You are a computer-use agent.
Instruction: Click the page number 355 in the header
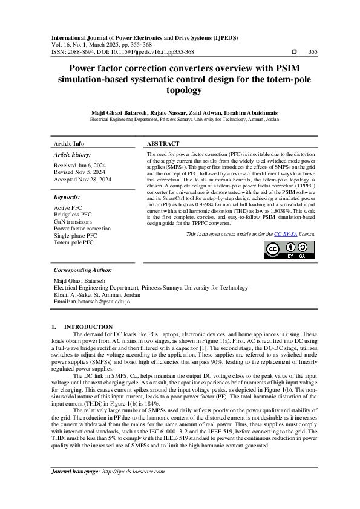[x=313, y=52]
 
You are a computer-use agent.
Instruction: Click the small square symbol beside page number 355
[x=294, y=52]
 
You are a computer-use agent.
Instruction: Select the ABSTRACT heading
[x=163, y=144]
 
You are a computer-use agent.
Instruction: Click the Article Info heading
[x=69, y=144]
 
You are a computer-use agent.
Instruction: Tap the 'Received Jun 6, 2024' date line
[x=80, y=165]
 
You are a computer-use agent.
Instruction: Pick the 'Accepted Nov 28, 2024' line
[x=82, y=180]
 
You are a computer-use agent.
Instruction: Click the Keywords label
[x=67, y=197]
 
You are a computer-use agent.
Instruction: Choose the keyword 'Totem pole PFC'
[x=74, y=242]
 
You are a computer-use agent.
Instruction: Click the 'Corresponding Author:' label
[x=83, y=270]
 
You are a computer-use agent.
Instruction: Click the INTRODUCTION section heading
[x=88, y=326]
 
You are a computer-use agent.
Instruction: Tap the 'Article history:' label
[x=72, y=155]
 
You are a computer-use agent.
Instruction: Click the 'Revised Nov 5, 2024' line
[x=79, y=172]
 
